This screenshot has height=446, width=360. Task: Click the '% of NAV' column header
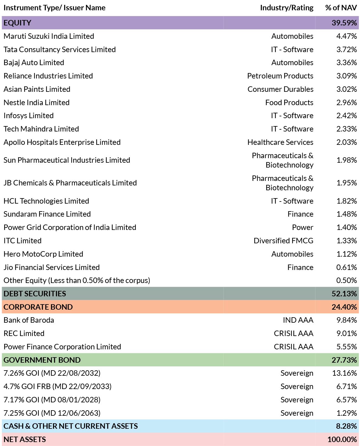point(341,8)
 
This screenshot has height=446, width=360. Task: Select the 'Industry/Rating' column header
point(287,8)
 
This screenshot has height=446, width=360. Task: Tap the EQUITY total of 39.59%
point(344,23)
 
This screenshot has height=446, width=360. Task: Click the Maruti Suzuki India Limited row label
point(49,36)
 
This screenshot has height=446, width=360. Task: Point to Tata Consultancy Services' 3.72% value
point(347,49)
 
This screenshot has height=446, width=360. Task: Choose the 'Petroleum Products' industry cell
point(280,76)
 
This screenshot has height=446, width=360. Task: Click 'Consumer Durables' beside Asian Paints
point(280,89)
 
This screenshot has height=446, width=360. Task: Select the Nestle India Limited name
point(37,102)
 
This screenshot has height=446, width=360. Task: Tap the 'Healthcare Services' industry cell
point(280,142)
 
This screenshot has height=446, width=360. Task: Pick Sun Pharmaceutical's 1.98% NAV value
point(347,160)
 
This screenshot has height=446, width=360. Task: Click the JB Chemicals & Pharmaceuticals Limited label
point(70,183)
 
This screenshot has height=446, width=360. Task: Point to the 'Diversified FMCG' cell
point(284,241)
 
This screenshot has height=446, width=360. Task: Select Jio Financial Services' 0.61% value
point(347,267)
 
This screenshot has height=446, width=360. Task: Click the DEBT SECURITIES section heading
point(35,294)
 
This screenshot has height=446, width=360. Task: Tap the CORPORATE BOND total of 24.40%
point(344,307)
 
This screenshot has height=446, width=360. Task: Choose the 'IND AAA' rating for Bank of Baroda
point(298,320)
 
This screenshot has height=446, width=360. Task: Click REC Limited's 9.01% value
point(347,333)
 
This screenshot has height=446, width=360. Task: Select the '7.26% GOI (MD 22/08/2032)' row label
point(52,373)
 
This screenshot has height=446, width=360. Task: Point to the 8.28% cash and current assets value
point(346,426)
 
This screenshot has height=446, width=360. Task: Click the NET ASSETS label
point(25,439)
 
